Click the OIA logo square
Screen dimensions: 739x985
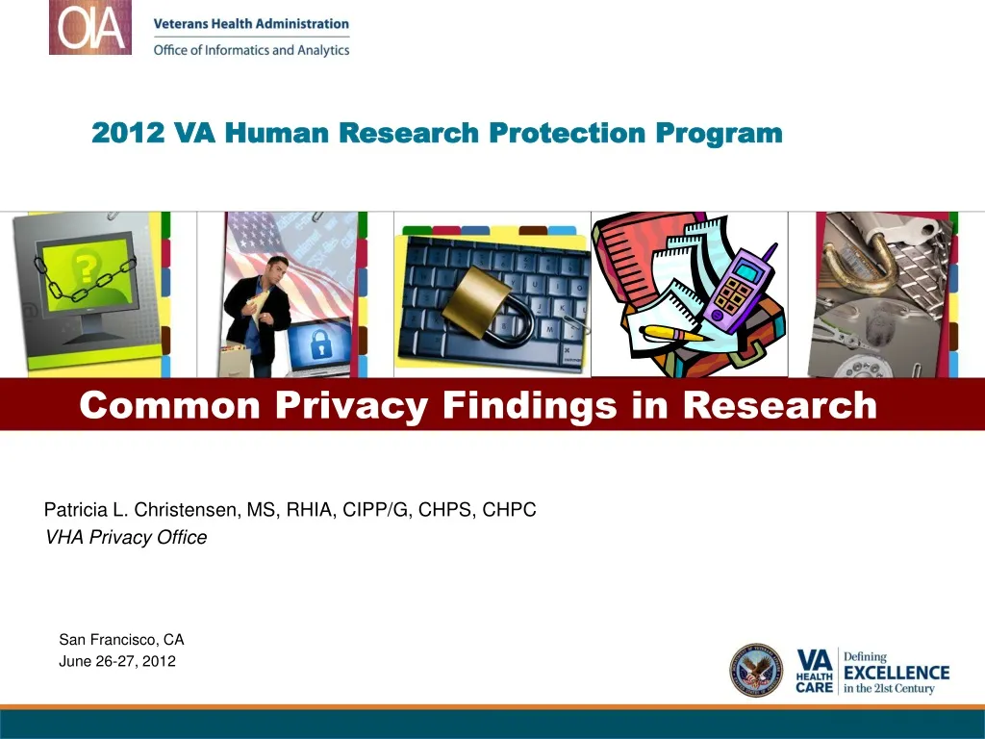[90, 28]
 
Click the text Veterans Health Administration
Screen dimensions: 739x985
[251, 24]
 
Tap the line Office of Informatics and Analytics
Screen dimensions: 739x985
[251, 50]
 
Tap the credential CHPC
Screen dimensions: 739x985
[509, 510]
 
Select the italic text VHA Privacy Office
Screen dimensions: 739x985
[126, 538]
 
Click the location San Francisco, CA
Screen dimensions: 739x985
[121, 639]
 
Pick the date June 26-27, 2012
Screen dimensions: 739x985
[117, 661]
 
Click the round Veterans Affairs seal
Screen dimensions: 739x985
[756, 670]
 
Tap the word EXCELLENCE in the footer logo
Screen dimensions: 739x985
[896, 673]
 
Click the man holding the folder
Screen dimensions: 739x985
[259, 313]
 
